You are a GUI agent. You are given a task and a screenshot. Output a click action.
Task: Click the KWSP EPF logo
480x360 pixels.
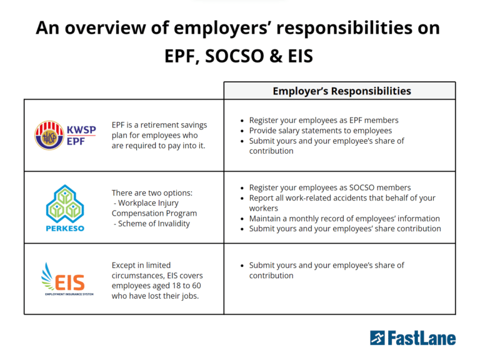64,135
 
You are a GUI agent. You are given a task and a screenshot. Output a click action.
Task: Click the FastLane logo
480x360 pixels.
412,338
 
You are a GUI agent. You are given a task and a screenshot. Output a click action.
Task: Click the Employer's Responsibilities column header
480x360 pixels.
341,91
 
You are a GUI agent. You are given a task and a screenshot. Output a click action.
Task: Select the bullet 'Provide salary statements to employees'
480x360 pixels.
321,131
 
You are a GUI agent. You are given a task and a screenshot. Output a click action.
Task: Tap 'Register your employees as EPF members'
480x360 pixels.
324,120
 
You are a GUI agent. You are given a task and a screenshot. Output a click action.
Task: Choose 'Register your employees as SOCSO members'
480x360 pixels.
330,187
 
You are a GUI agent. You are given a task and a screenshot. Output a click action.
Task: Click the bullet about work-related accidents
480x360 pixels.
342,197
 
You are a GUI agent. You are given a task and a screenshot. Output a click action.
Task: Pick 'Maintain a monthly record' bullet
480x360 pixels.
344,219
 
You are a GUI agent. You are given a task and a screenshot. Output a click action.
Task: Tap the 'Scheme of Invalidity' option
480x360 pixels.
154,224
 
